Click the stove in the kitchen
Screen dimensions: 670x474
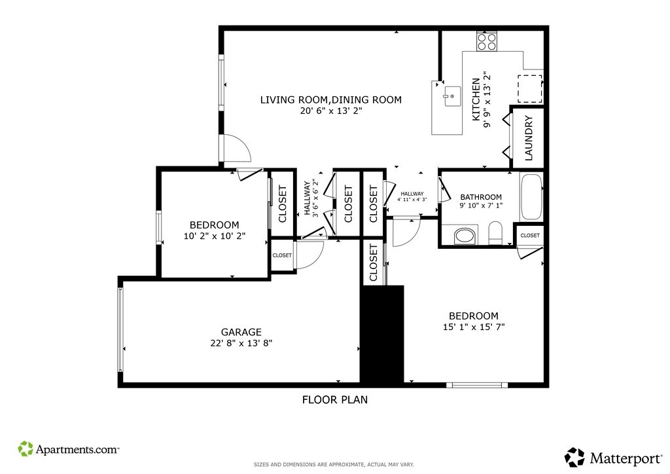pos(487,41)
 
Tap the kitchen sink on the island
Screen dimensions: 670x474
pos(451,96)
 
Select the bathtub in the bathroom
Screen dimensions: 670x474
pos(531,196)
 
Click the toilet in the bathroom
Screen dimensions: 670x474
pos(495,233)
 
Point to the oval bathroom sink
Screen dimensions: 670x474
pos(465,236)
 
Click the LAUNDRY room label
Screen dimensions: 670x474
pos(529,138)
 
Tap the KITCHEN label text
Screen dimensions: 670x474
pos(476,100)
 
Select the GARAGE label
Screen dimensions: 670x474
pos(241,332)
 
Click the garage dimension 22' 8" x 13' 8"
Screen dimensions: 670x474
pos(241,343)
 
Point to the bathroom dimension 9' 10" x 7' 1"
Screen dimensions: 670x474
pos(481,205)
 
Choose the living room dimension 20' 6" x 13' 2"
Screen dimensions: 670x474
pos(331,111)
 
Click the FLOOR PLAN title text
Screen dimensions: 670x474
pos(335,399)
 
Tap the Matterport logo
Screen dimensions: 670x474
pos(613,458)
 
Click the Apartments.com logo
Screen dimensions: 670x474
pos(68,448)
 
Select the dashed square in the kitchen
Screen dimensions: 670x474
pos(530,89)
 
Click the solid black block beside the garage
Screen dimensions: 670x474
pos(382,334)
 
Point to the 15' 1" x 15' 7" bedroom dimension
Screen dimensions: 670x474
pos(474,327)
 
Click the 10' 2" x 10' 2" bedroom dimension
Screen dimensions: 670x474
pos(215,236)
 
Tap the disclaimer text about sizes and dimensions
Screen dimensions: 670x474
pos(334,464)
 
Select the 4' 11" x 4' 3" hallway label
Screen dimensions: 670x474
pos(412,200)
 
